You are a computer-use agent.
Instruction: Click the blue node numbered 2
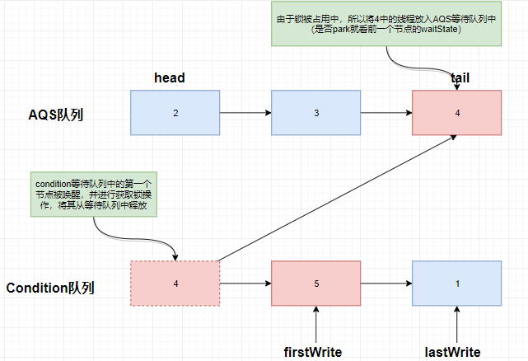coord(175,112)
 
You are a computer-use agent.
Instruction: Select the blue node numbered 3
coord(315,112)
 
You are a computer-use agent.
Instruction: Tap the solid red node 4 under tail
coord(457,112)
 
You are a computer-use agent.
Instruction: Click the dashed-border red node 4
coord(175,284)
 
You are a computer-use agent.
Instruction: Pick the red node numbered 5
coord(315,284)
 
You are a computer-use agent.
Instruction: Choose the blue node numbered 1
coord(457,284)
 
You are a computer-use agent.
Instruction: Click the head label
coord(170,77)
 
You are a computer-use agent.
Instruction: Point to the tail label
coord(460,77)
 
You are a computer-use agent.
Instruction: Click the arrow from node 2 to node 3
coord(245,112)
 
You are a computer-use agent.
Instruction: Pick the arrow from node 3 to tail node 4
coord(385,112)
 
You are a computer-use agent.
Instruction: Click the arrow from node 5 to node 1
coord(385,284)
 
